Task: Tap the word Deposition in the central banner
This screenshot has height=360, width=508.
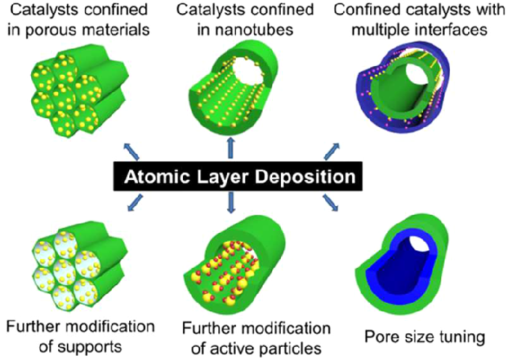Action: pos(306,177)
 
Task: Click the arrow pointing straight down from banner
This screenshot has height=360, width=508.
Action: pos(231,204)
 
